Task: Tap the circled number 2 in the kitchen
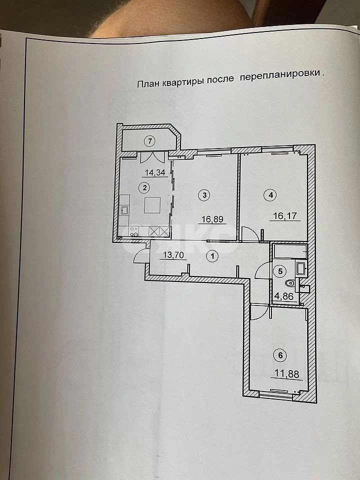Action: point(144,188)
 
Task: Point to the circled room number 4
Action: point(270,195)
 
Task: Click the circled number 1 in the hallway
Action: point(213,256)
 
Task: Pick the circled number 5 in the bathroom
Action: point(280,271)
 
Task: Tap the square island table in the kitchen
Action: point(152,205)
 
